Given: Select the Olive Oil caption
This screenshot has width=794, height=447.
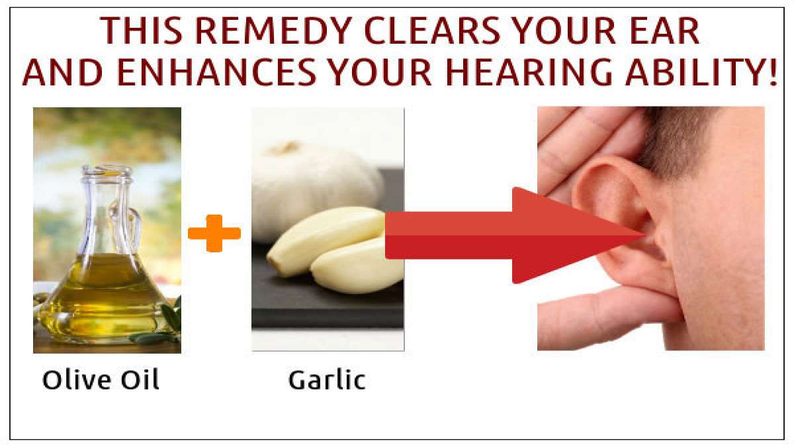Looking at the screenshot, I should click(101, 380).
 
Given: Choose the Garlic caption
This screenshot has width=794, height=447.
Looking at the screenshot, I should click(327, 380).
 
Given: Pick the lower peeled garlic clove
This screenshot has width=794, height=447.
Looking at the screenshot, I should click(351, 268).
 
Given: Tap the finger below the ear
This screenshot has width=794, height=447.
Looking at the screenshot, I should click(595, 315).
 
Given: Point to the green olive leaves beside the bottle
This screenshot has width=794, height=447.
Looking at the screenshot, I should click(169, 324).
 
